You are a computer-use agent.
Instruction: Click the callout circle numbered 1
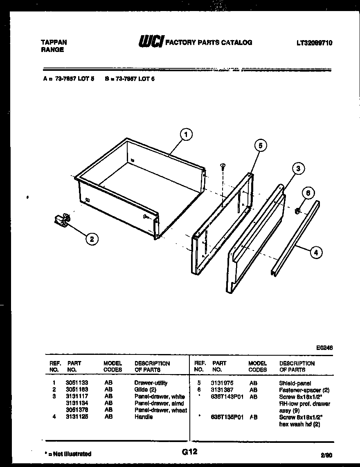pyautogui.click(x=186, y=134)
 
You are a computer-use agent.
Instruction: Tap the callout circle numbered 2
pyautogui.click(x=92, y=239)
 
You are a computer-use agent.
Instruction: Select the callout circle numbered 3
pyautogui.click(x=298, y=168)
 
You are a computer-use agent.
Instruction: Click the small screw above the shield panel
pyautogui.click(x=223, y=165)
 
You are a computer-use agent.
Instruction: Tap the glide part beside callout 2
pyautogui.click(x=62, y=221)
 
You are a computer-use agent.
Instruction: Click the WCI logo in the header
pyautogui.click(x=151, y=41)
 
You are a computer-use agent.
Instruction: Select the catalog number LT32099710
pyautogui.click(x=315, y=42)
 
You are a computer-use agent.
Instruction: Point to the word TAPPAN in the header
pyautogui.click(x=54, y=42)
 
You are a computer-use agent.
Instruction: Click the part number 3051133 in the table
pyautogui.click(x=76, y=383)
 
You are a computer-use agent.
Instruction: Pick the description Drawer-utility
pyautogui.click(x=151, y=383)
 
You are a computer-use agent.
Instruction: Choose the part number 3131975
pyautogui.click(x=222, y=383)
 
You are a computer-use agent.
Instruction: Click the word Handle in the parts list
pyautogui.click(x=144, y=417)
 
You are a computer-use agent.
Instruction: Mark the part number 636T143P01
pyautogui.click(x=227, y=397)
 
